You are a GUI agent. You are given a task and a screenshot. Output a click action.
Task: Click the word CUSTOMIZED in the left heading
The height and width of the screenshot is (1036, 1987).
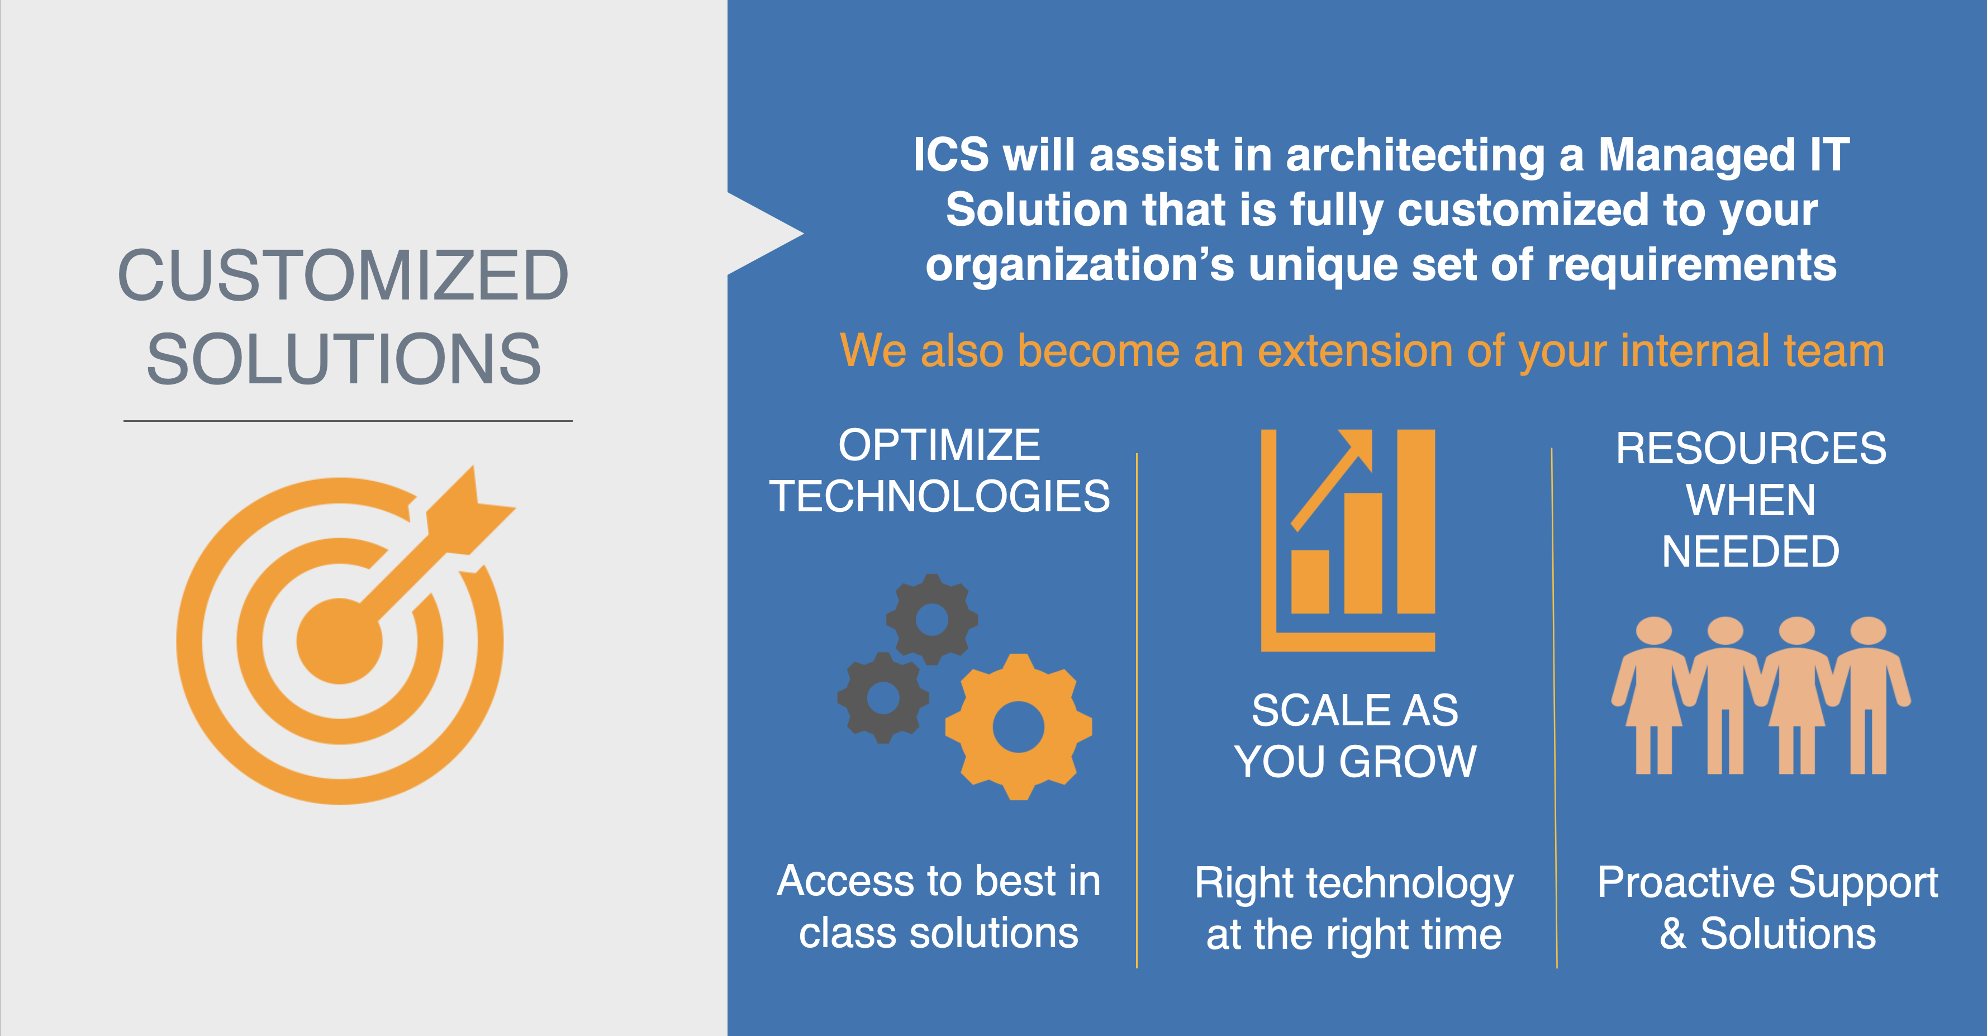pyautogui.click(x=343, y=275)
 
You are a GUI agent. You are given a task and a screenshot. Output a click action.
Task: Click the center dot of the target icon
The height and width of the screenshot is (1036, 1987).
pyautogui.click(x=339, y=641)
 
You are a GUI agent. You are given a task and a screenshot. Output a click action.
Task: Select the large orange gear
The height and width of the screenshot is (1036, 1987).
pyautogui.click(x=1018, y=726)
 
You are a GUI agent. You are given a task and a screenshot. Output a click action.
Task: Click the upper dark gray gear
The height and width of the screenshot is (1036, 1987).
pyautogui.click(x=932, y=620)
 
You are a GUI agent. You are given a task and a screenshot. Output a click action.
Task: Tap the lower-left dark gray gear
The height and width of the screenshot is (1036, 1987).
pyautogui.click(x=883, y=698)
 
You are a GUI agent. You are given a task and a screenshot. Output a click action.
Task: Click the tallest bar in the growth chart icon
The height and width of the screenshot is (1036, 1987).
pyautogui.click(x=1415, y=521)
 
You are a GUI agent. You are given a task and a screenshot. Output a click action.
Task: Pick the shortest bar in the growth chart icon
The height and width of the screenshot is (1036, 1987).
pyautogui.click(x=1310, y=582)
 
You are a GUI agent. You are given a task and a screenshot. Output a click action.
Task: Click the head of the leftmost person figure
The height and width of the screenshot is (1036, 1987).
pyautogui.click(x=1655, y=631)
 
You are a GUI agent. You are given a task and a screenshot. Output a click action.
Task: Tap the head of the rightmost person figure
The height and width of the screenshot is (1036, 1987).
pyautogui.click(x=1868, y=631)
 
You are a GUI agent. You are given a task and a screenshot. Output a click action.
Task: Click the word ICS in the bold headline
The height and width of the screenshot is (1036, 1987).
pyautogui.click(x=951, y=154)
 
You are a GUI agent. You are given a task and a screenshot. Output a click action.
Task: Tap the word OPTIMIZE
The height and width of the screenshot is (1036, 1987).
pyautogui.click(x=939, y=445)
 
